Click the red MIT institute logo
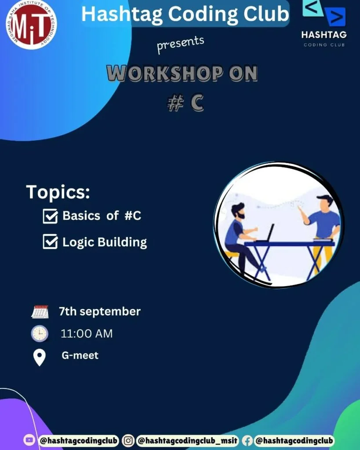click(x=31, y=25)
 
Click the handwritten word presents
click(x=181, y=44)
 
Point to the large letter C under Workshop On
click(x=197, y=103)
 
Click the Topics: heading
click(x=58, y=192)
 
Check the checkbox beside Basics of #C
click(x=50, y=216)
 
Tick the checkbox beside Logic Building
click(x=50, y=241)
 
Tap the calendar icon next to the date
click(x=40, y=312)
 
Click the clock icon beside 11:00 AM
click(x=40, y=334)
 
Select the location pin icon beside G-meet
click(x=40, y=358)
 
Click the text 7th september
click(x=100, y=312)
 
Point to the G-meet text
click(x=80, y=356)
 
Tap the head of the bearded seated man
click(x=238, y=211)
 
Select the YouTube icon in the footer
click(x=29, y=440)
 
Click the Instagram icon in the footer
click(x=128, y=440)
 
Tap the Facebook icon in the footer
click(x=247, y=440)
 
